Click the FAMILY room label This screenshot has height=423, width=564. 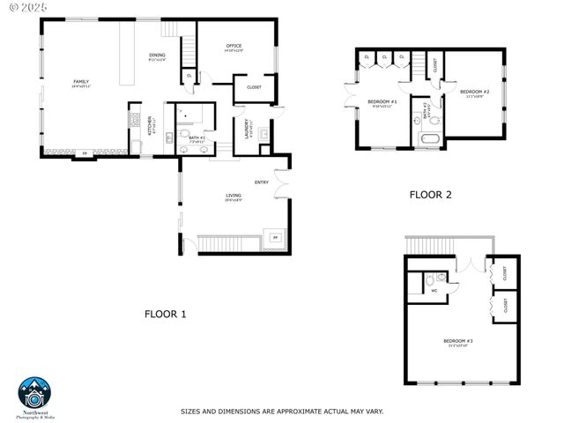pos(80,82)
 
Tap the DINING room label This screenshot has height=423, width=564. pos(157,56)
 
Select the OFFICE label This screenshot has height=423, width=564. pos(234,46)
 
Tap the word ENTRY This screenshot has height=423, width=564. pos(261,182)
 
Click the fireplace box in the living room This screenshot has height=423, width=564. pos(274,238)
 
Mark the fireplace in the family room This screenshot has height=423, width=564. pos(85,154)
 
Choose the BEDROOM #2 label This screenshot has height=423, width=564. pos(473,91)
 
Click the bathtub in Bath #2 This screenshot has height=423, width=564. pos(430,139)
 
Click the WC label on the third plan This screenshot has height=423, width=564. pos(434,291)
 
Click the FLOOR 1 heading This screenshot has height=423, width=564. pos(165,314)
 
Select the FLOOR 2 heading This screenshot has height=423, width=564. pos(430,195)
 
